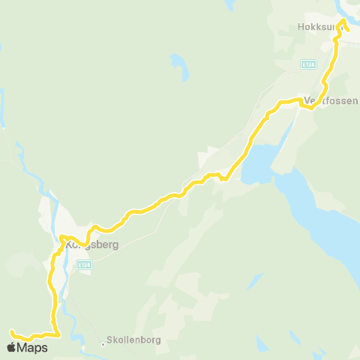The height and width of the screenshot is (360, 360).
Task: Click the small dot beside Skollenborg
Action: point(103,344)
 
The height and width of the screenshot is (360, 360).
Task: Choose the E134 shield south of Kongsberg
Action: point(85,264)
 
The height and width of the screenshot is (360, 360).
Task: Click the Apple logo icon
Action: point(12,347)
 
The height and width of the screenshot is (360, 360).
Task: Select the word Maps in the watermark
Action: point(33,347)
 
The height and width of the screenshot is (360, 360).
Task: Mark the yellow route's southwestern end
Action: point(11,331)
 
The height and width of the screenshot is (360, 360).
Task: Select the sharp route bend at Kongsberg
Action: point(61,238)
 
